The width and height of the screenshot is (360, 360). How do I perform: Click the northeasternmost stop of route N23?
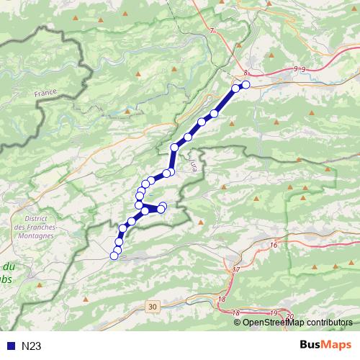pyautogui.click(x=246, y=85)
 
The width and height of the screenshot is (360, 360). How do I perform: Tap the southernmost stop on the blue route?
pyautogui.click(x=114, y=256)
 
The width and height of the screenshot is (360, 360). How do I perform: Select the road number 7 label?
pyautogui.click(x=212, y=32)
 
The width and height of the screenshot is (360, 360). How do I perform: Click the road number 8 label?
pyautogui.click(x=246, y=73)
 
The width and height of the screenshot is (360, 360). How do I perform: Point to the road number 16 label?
pyautogui.click(x=274, y=246)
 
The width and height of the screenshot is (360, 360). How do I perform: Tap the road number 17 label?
pyautogui.click(x=236, y=269)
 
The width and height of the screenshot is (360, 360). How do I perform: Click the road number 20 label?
pyautogui.click(x=289, y=317)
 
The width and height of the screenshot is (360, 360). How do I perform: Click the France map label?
pyautogui.click(x=45, y=94)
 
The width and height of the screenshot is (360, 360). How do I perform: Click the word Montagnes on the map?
pyautogui.click(x=35, y=236)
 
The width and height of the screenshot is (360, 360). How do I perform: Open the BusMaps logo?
pyautogui.click(x=326, y=345)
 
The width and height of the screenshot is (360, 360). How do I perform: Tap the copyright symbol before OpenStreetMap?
pyautogui.click(x=237, y=323)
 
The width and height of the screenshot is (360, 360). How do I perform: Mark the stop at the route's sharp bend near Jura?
pyautogui.click(x=174, y=148)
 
